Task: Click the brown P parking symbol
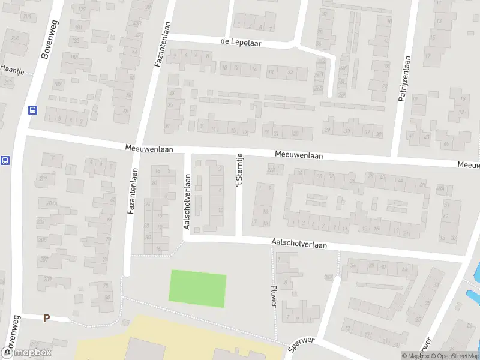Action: pyautogui.click(x=46, y=318)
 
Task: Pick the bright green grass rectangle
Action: pyautogui.click(x=198, y=289)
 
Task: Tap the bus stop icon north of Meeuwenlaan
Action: pyautogui.click(x=32, y=110)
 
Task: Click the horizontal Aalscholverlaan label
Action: pyautogui.click(x=299, y=245)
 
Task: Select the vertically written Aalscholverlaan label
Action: pyautogui.click(x=187, y=202)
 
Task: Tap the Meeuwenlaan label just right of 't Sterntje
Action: pyautogui.click(x=299, y=155)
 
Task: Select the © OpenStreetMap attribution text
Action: pyautogui.click(x=453, y=356)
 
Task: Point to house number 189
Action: pyautogui.click(x=58, y=84)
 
